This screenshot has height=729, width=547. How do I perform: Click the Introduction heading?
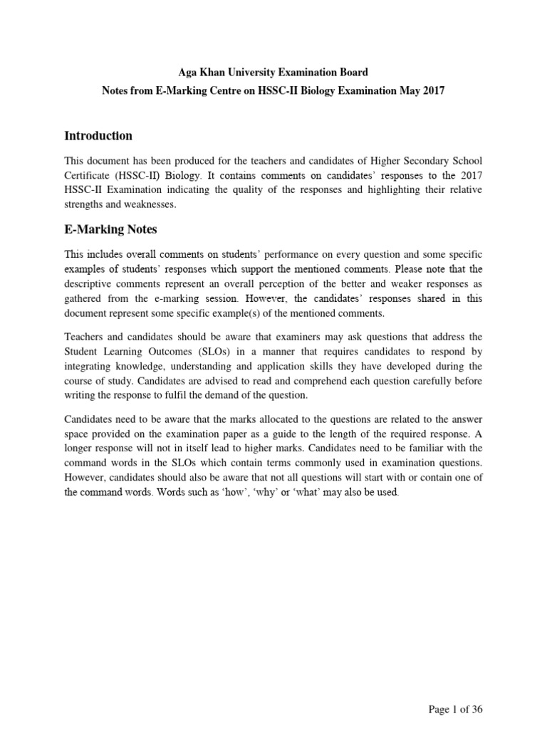pos(98,135)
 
